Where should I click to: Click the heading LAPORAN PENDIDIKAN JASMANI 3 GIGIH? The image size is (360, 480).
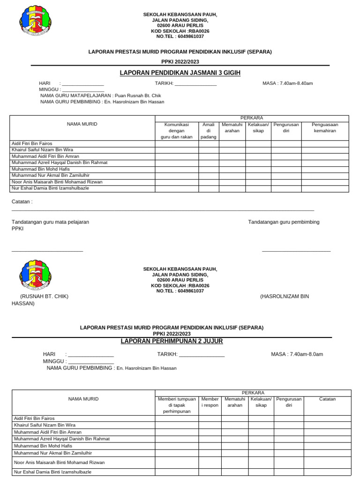coord(180,73)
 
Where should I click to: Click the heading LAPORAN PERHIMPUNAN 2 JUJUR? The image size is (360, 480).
coord(172,341)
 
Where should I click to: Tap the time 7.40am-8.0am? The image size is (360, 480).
coord(297,354)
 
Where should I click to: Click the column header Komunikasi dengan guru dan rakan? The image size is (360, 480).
coord(177,131)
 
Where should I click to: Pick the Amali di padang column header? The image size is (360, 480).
coord(208,131)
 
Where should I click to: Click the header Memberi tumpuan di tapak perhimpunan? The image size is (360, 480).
coord(177,405)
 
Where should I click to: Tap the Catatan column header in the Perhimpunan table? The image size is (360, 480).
coord(327,399)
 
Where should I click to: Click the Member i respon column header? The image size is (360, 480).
coord(210,402)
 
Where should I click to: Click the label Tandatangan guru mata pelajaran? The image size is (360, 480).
coord(50,222)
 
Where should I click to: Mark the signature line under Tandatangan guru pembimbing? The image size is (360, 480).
coord(296,251)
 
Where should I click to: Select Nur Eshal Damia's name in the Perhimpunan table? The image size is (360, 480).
coord(52,472)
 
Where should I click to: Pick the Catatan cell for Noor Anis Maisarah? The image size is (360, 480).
coord(327,462)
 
